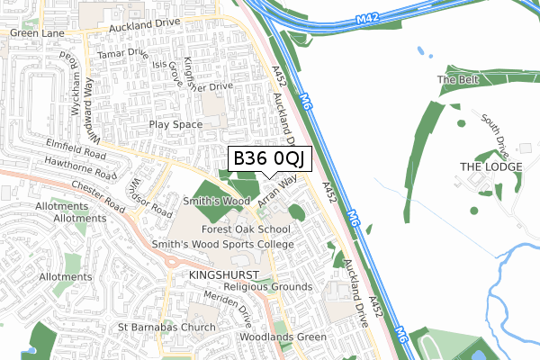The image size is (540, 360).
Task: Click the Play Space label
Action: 175,124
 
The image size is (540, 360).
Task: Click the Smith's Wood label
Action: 217,202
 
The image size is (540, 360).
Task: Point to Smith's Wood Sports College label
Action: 222,244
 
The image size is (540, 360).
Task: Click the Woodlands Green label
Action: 283,337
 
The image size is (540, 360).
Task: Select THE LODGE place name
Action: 491,167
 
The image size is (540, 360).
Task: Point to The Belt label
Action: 454,80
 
